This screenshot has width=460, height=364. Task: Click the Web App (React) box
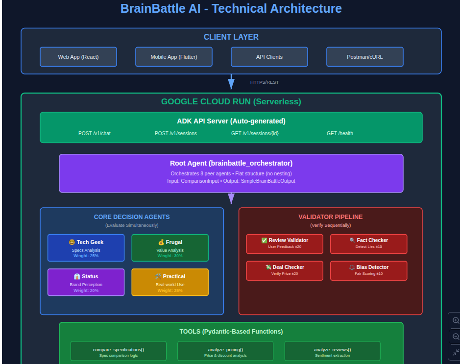coord(78,57)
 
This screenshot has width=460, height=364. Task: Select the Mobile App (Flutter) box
coord(174,57)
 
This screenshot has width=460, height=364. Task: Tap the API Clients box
coord(269,57)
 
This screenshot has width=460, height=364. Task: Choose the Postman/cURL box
coord(365,57)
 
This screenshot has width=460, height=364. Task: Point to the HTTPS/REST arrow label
coord(265,82)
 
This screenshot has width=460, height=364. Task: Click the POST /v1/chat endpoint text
coord(95,133)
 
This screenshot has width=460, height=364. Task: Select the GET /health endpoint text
coord(340,133)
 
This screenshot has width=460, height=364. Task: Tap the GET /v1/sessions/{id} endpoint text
coord(255,133)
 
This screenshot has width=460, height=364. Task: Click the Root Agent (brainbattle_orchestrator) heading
coord(231,163)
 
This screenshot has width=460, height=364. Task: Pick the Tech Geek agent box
coord(86,247)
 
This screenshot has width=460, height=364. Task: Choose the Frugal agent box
coord(170,247)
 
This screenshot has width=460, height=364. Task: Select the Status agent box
coord(86,282)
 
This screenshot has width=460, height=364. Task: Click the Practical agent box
coord(170,282)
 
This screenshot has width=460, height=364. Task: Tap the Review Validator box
coord(285,243)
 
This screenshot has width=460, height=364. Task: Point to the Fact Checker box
coord(369,243)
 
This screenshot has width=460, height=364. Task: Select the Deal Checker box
coord(285,270)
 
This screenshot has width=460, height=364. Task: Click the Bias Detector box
coord(369,270)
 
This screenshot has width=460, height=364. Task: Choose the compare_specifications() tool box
coord(119,351)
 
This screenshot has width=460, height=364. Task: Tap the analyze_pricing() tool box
coord(225,351)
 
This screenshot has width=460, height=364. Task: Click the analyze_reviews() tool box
coord(333,351)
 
